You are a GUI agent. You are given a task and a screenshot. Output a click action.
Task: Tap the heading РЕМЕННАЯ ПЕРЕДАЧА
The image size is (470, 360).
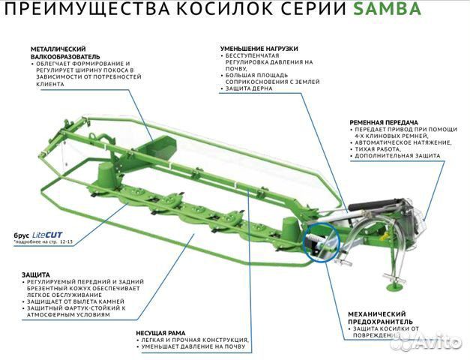[384, 121]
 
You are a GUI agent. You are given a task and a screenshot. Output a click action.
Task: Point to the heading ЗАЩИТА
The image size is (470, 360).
[36, 274]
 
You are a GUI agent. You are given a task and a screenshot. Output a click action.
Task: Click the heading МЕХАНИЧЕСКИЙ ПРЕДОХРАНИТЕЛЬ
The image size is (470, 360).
[376, 317]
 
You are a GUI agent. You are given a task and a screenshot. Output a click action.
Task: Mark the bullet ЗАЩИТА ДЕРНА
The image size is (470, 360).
[250, 88]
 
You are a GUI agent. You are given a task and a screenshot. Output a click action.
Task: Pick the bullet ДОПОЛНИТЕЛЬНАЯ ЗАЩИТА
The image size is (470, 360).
[398, 156]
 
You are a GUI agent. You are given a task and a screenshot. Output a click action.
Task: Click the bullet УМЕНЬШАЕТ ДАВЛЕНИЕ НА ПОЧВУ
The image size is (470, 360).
[193, 346]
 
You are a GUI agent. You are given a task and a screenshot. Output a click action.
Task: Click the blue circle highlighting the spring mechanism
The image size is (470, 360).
[321, 244]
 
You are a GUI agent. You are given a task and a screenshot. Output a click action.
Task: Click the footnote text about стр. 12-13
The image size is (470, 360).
[43, 242]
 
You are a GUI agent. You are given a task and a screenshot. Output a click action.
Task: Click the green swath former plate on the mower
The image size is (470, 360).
[157, 148]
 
